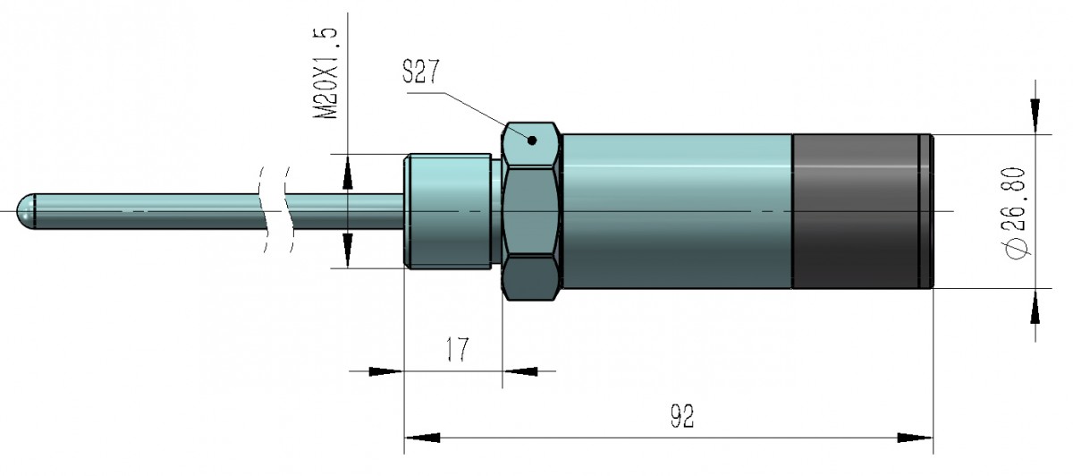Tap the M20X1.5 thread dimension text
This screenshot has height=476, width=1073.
328,73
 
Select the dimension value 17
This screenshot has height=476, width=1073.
456,350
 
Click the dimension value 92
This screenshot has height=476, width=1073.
682,417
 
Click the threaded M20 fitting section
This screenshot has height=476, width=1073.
450,211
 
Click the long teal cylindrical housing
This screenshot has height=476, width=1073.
678,211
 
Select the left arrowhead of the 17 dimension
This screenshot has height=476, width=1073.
384,370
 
